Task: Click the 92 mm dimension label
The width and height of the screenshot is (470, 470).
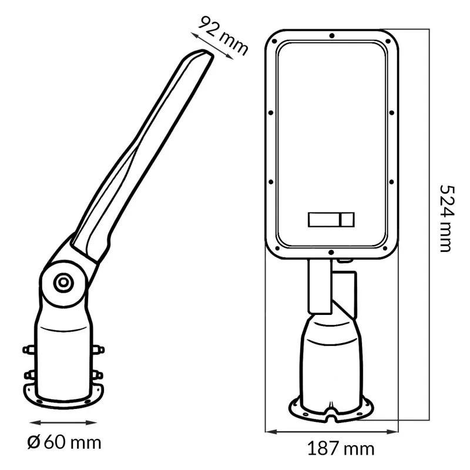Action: tap(223, 36)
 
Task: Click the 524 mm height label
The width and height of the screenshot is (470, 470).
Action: tap(447, 219)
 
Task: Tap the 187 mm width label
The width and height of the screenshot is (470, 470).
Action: tap(341, 449)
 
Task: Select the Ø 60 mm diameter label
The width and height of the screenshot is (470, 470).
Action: tap(64, 442)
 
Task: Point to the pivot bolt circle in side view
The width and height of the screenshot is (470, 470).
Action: tap(63, 282)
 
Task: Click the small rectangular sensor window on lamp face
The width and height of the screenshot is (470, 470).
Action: tap(331, 219)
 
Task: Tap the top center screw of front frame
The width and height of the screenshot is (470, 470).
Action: tap(332, 36)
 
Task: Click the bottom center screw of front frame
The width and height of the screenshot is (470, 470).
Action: tap(331, 253)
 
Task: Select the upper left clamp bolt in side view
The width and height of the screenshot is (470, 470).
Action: tap(29, 349)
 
